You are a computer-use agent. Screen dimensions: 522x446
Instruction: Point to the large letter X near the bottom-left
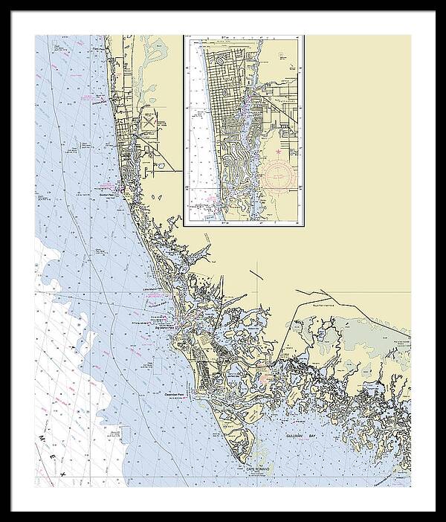[63, 473]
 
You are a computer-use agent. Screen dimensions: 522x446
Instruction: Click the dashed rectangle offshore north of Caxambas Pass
[158, 365]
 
